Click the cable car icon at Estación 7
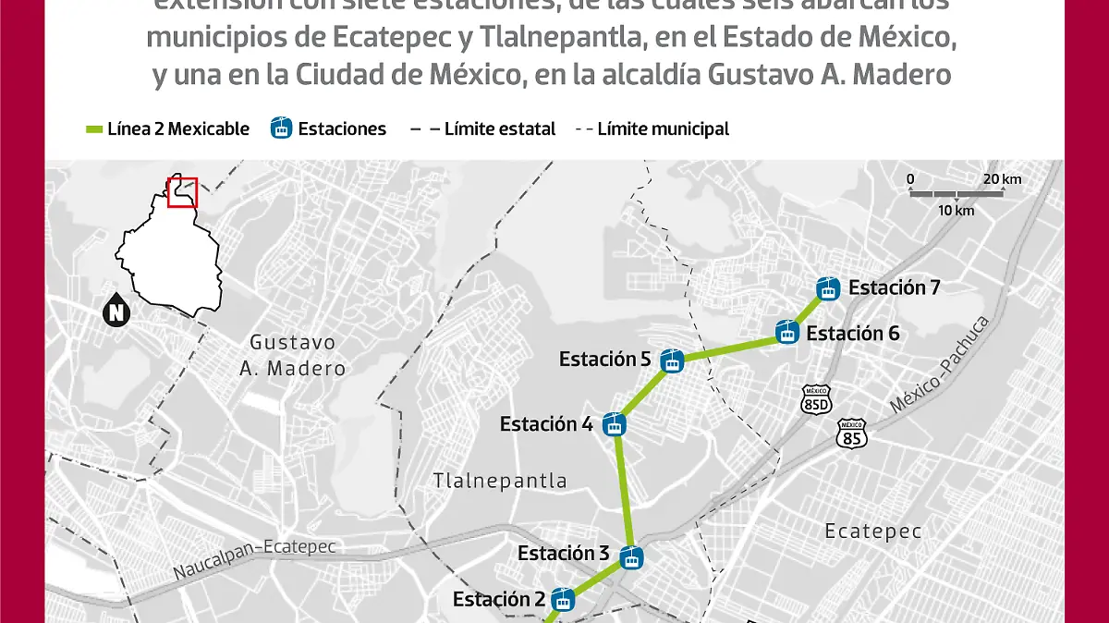click(828, 288)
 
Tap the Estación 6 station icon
click(787, 332)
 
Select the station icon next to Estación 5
click(673, 360)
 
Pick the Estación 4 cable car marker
click(614, 425)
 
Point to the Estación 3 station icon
click(632, 558)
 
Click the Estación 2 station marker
click(561, 600)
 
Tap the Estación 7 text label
click(894, 287)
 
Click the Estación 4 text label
click(546, 424)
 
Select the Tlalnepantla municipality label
click(500, 481)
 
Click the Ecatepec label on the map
click(873, 531)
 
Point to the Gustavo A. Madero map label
click(292, 356)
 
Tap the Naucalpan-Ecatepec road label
click(254, 559)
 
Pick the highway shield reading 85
click(850, 433)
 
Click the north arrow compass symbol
click(116, 311)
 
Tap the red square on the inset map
click(182, 191)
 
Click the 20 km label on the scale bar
click(1002, 179)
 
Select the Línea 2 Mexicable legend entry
click(167, 129)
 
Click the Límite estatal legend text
click(499, 129)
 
